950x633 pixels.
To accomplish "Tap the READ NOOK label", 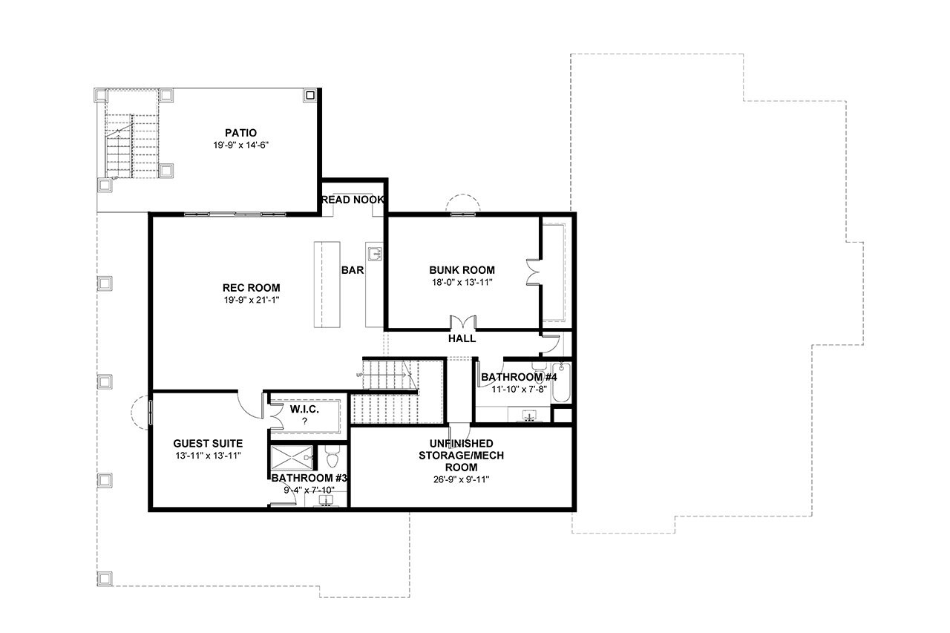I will (353, 200).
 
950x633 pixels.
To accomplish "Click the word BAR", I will (352, 270).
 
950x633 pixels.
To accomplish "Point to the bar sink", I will (375, 254).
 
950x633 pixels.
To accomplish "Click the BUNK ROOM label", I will (462, 270).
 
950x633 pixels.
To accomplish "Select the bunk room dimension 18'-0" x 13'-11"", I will (462, 282).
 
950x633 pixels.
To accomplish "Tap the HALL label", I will (462, 338).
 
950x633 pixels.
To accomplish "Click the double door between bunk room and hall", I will (464, 323).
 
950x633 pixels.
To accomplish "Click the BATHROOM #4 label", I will (519, 377).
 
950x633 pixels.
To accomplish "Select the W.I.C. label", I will (304, 408).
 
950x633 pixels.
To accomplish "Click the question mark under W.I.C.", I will (304, 421).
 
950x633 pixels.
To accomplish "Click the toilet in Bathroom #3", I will (332, 452).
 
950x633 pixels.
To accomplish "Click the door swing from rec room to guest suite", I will (249, 401).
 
